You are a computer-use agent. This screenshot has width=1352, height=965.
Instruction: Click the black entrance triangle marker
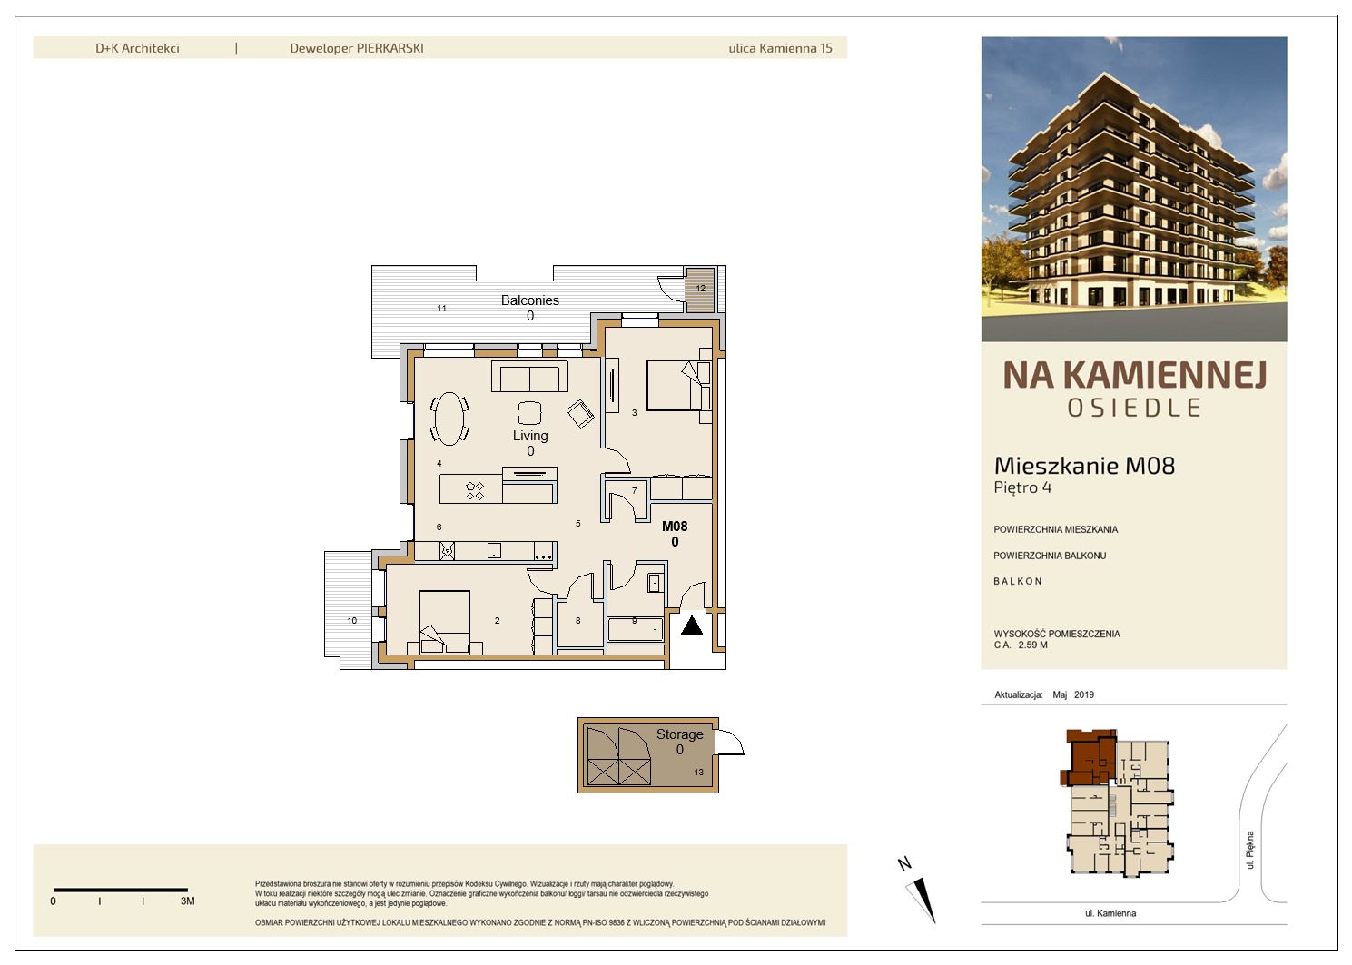pos(692,625)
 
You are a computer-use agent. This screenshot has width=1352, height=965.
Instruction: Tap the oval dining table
pos(449,418)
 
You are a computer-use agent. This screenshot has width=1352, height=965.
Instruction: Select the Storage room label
pos(679,734)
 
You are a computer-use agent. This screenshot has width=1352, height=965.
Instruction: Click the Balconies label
pos(530,300)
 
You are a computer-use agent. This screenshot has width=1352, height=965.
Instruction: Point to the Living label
pos(530,436)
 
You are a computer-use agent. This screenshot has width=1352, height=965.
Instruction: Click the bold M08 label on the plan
pos(675,527)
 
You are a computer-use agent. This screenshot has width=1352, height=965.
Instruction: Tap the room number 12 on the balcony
pos(701,289)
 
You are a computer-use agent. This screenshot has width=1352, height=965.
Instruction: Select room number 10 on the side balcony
pos(352,620)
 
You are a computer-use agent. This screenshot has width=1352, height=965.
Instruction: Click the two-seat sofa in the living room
pos(529,377)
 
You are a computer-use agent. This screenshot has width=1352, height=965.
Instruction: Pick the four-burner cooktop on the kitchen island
pos(475,490)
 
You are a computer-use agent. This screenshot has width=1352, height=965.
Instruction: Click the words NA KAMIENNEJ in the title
pos(1135,375)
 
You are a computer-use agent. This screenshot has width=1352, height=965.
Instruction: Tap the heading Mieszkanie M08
pos(1084,466)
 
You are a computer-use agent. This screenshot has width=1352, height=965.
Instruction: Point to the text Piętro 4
pos(1022,487)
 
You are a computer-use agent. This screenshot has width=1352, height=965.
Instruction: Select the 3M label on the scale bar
pos(188,901)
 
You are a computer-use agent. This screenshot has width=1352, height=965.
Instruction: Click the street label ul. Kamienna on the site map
pos(1110,913)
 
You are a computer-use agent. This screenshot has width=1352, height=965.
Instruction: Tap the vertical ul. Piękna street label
pos(1250,850)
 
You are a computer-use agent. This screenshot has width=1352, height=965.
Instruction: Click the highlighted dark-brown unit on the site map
pos(1088,757)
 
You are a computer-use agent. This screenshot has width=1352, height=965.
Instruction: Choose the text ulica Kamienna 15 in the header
pos(780,48)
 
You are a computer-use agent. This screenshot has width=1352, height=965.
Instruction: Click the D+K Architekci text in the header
pos(138,48)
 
